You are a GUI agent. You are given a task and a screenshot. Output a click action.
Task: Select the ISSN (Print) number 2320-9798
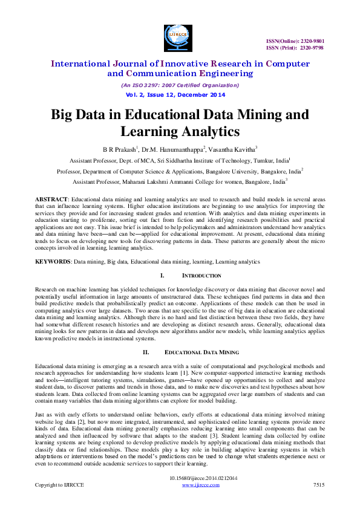point(327,47)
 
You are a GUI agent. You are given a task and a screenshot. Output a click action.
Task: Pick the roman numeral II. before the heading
point(146,352)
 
